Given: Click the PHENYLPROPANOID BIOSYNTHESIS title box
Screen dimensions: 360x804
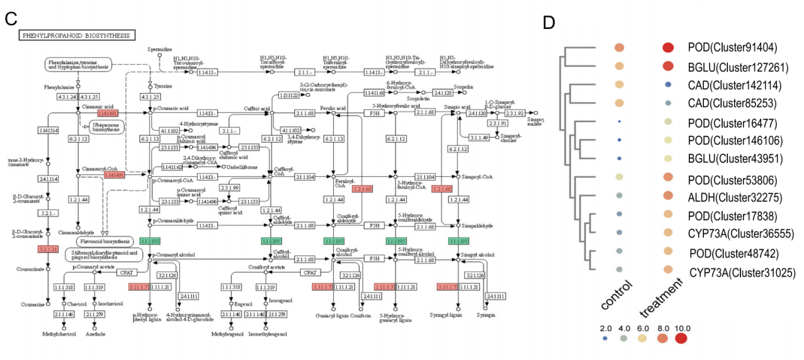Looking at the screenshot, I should [x=77, y=36].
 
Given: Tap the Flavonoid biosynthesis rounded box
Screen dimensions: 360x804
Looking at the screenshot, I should [x=104, y=241].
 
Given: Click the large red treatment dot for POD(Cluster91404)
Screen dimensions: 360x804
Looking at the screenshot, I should [x=669, y=47].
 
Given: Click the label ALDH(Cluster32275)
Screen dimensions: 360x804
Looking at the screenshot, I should [x=734, y=197].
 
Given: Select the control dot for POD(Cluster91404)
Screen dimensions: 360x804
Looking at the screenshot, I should [x=620, y=47].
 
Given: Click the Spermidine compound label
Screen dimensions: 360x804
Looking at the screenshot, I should [x=160, y=48].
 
